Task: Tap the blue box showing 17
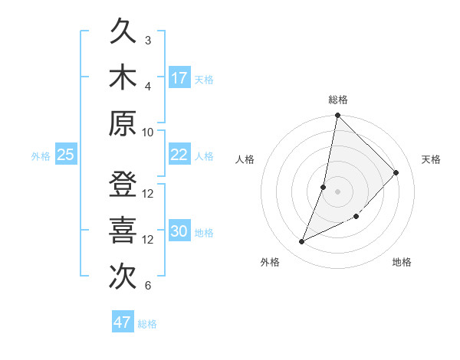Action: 179,78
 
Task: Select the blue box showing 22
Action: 179,155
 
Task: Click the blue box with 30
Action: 179,232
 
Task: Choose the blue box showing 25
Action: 65,155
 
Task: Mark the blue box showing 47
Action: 123,322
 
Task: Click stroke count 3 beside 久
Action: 148,40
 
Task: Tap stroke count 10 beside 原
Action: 148,131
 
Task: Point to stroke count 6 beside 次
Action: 148,286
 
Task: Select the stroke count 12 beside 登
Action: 148,193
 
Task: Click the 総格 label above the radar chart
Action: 337,100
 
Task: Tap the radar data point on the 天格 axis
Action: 396,172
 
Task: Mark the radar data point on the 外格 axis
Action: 302,242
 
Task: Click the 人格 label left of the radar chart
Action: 245,159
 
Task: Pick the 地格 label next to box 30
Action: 205,233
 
